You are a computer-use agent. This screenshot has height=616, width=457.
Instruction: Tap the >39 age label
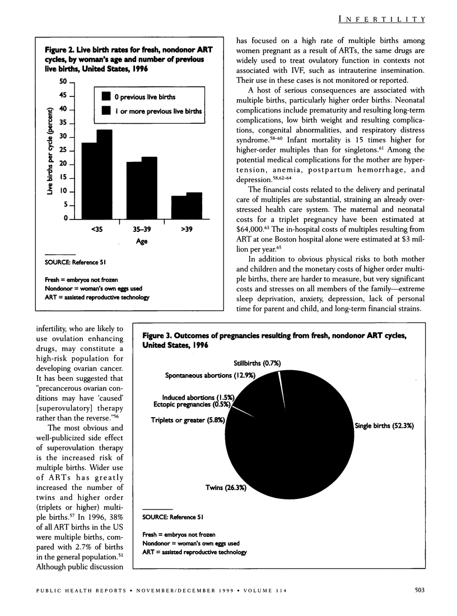click(186, 229)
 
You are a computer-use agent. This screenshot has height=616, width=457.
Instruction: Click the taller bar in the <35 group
click(105, 174)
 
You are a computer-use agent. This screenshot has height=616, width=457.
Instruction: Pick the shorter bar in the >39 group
click(179, 207)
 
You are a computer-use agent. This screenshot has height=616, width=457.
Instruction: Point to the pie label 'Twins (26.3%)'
click(223, 488)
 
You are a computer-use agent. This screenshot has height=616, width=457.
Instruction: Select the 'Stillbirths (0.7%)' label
click(257, 363)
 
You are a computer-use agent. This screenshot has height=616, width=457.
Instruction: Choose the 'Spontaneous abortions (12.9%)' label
click(210, 376)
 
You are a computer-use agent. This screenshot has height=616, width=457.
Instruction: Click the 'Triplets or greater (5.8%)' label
click(188, 419)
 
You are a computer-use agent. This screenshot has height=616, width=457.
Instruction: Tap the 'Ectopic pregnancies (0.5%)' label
click(194, 404)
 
